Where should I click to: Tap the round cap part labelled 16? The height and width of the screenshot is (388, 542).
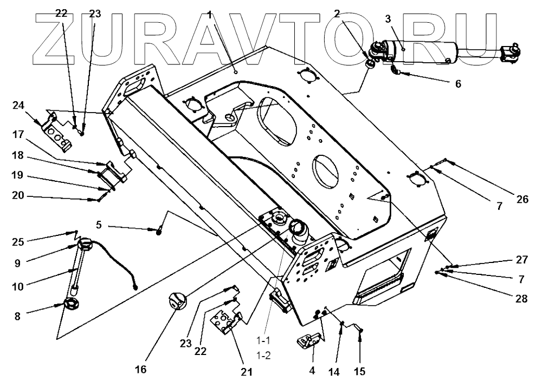pyautogui.click(x=178, y=300)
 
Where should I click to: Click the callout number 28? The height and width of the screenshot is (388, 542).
pyautogui.click(x=521, y=298)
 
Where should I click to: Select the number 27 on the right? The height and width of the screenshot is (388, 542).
pyautogui.click(x=521, y=260)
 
